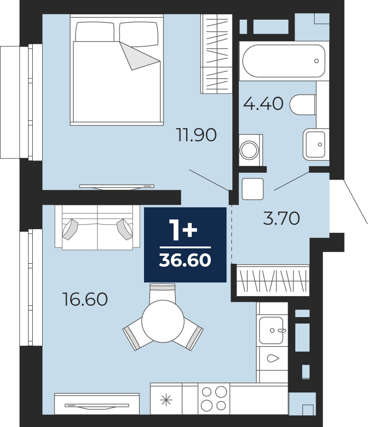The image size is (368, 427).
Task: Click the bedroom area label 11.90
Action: point(196,135)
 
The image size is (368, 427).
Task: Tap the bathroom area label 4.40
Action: point(263,103)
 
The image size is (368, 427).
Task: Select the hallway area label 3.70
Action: point(281,218)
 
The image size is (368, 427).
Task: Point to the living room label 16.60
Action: point(85,299)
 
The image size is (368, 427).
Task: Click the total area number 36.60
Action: point(185,260)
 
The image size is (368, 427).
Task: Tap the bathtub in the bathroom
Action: point(284,61)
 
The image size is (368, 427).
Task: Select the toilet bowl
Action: point(303,105)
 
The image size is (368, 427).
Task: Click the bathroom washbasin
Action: point(316,145)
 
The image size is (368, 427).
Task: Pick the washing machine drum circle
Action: point(249,150)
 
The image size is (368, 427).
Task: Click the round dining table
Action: point(163,321)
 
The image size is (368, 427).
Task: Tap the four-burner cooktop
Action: point(214,398)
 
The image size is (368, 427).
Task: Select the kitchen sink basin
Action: point(271,331)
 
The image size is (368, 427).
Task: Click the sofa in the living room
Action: point(97,227)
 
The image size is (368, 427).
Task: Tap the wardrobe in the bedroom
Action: point(216,54)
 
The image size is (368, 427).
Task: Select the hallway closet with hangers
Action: point(273,281)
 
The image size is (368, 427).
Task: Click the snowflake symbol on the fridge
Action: point(166,400)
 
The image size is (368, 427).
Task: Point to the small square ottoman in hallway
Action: point(253,189)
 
